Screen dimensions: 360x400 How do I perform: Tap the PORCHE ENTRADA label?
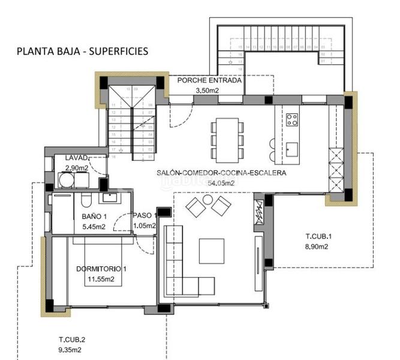click(209, 80)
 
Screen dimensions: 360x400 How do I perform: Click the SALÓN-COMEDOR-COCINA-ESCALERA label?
click(221, 172)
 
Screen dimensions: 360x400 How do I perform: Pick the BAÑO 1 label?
click(94, 217)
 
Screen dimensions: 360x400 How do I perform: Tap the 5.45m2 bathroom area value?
click(94, 227)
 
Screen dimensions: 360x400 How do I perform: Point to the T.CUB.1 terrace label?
click(318, 236)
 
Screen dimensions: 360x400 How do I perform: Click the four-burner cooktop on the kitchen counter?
click(293, 119)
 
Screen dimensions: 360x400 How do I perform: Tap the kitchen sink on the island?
click(292, 148)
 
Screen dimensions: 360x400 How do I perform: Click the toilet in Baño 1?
click(85, 201)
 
